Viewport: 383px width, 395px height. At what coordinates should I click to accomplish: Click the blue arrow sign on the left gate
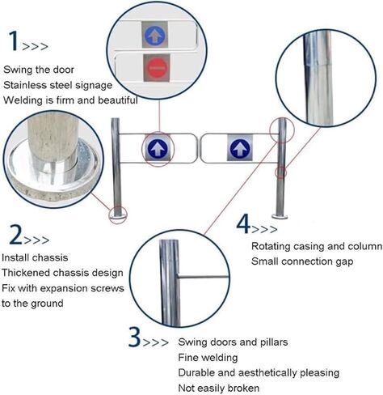(156, 148)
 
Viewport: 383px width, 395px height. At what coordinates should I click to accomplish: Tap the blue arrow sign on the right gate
(238, 148)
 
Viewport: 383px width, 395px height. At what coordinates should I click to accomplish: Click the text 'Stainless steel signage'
(57, 84)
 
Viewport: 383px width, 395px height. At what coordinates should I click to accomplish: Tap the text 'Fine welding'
(208, 357)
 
